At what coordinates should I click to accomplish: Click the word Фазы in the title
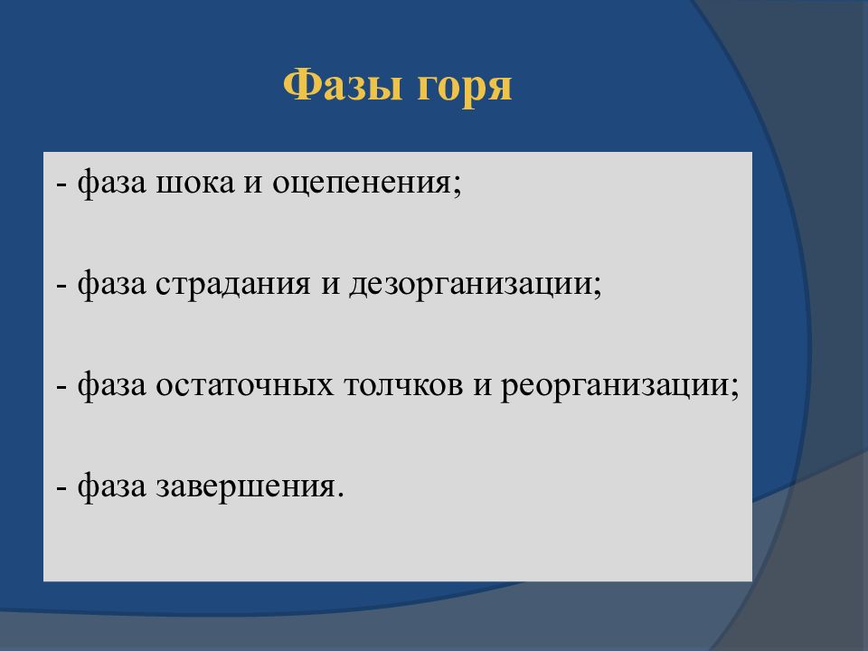point(342,85)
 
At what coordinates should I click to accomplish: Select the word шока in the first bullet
point(195,182)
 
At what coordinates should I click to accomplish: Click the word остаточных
point(245,385)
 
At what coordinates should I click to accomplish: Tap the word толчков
point(403,385)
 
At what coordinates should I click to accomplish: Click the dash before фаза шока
point(62,184)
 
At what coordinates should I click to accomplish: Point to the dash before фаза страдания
point(62,287)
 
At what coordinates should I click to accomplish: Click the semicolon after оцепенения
point(458,185)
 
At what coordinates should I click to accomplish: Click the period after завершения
point(340,495)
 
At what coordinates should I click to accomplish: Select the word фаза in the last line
point(112,486)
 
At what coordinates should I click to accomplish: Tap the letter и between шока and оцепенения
point(253,184)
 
